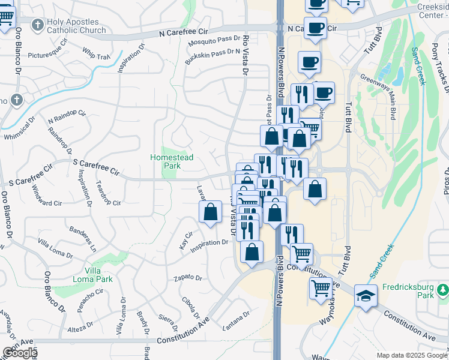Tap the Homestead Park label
pos(172,161)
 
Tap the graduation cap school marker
pos(366,295)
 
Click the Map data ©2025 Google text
pos(412,355)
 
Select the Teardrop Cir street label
pos(108,197)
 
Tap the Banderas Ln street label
pos(83,238)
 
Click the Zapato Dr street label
pos(188,278)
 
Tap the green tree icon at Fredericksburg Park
pos(442,290)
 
